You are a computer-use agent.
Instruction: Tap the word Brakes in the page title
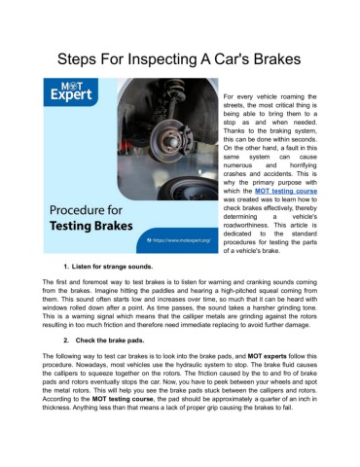pos(278,58)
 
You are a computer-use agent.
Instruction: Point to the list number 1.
pos(64,265)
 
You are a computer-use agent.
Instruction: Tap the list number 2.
pos(64,342)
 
